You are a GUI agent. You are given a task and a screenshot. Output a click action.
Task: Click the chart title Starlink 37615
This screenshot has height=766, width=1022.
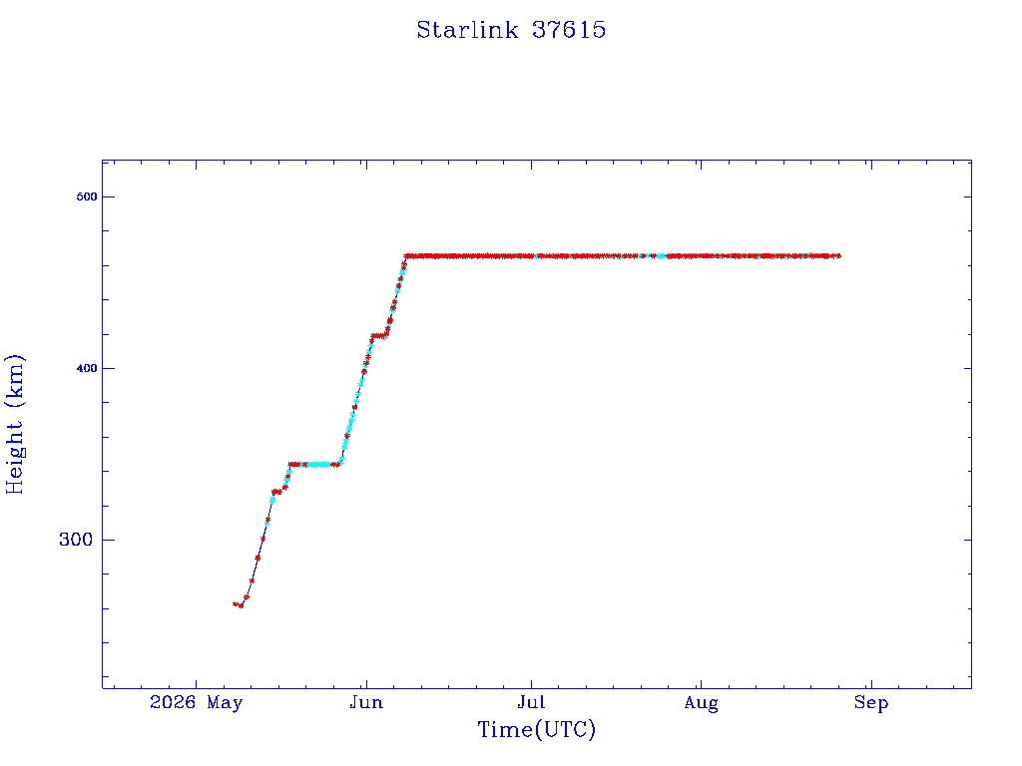511,30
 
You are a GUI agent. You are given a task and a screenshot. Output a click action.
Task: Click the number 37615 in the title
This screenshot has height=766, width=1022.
569,30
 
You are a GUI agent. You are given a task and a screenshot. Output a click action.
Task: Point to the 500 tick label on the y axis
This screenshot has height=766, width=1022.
86,196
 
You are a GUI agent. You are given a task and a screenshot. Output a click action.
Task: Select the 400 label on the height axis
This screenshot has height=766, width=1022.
86,368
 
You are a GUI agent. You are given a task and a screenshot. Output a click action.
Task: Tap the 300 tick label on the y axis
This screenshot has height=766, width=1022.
76,540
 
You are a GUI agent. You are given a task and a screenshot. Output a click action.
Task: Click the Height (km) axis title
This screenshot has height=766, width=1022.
14,424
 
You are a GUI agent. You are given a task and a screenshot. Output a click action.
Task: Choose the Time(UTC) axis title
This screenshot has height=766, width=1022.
536,729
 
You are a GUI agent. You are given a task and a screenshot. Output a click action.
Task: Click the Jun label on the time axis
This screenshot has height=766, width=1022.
366,702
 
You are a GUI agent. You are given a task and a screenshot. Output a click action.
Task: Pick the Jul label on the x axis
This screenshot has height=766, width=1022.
531,702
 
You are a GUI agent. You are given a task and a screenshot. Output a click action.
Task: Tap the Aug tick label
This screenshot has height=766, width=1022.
701,703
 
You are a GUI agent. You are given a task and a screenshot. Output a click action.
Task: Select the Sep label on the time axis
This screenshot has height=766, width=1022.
870,703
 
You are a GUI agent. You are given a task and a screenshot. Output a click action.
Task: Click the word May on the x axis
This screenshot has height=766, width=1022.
225,703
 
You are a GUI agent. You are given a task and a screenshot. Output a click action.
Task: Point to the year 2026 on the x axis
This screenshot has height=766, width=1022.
173,702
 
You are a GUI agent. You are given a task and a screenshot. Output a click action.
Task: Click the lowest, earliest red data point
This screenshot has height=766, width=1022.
241,605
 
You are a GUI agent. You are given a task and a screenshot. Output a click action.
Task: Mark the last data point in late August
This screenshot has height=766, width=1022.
838,256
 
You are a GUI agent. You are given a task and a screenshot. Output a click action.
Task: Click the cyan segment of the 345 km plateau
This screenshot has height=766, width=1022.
318,465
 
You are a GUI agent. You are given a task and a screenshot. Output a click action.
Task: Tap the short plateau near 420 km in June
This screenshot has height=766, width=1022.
378,336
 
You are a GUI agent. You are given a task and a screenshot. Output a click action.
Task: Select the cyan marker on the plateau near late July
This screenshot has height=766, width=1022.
661,256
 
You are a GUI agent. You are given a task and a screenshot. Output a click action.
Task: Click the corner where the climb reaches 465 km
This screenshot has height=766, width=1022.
406,256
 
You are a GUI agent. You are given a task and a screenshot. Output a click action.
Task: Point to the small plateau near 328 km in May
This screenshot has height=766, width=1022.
276,492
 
